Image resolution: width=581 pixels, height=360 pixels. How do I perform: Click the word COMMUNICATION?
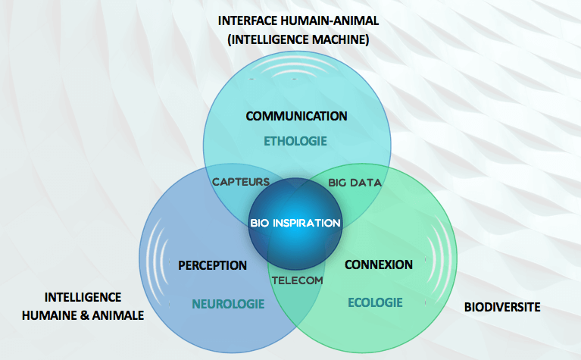point(296,116)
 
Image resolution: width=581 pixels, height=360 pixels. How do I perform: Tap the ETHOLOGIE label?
point(295,141)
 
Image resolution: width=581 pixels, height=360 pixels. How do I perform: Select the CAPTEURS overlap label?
point(241,182)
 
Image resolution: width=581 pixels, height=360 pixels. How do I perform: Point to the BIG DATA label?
point(355,183)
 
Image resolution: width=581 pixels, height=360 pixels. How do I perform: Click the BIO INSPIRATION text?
point(295,224)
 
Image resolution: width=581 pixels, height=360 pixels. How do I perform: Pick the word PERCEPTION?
point(213,265)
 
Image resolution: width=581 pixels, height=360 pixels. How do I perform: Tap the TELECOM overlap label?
point(297,280)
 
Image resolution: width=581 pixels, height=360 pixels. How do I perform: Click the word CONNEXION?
point(379,265)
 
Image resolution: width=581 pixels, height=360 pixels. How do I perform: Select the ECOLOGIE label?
point(375,303)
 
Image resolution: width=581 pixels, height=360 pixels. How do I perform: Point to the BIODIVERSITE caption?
point(501,308)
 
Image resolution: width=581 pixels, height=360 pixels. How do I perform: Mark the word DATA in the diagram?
point(367,183)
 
